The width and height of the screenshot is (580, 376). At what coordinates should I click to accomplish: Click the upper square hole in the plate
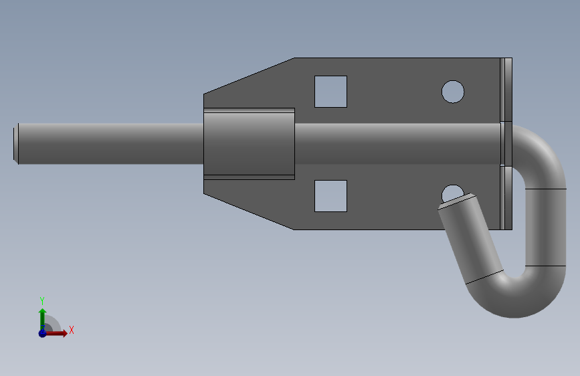tap(330, 92)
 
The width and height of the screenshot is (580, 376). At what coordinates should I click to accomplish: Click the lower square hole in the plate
tap(330, 196)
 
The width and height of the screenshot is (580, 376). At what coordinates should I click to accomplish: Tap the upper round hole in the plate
tap(453, 92)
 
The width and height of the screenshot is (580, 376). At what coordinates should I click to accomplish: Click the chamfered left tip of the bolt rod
tap(16, 144)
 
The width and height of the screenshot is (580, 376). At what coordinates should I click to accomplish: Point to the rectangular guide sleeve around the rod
tap(250, 144)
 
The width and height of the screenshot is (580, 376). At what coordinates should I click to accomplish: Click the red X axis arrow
tap(56, 333)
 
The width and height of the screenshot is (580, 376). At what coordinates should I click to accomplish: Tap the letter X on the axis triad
tap(72, 330)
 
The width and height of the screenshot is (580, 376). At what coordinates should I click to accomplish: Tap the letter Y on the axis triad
tap(42, 300)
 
